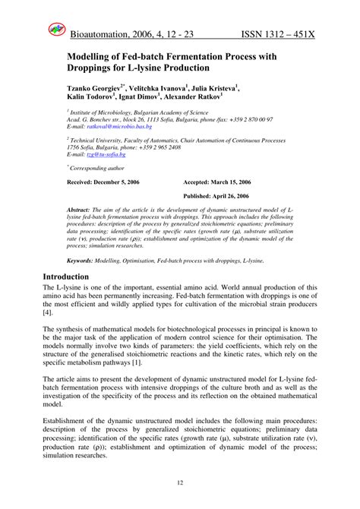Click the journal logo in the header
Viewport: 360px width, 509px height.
click(x=57, y=30)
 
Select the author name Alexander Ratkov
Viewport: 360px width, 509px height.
click(x=210, y=97)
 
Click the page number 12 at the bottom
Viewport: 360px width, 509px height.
click(x=180, y=482)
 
